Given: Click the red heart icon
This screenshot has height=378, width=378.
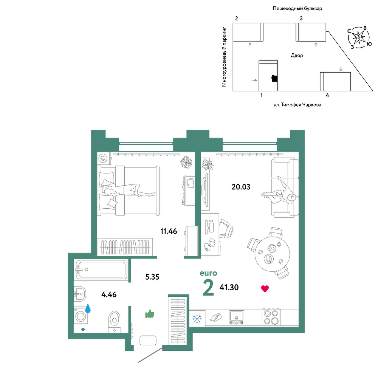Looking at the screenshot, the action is click(265, 288).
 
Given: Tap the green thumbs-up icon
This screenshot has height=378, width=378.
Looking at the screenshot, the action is click(150, 314).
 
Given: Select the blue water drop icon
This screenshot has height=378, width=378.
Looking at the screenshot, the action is click(88, 308).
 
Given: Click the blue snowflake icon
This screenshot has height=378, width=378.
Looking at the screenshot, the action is click(197, 319).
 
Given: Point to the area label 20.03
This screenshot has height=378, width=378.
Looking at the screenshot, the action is click(241, 187).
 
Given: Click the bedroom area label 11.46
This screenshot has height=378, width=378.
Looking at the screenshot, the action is click(169, 231).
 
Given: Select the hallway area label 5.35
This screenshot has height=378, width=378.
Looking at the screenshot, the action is click(152, 277).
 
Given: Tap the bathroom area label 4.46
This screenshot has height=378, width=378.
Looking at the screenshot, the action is click(109, 294).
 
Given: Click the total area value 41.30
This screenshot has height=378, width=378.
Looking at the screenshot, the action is click(229, 287).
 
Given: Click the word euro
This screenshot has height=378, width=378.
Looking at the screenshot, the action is click(208, 273).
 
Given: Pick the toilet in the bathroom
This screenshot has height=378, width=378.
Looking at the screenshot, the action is click(114, 322).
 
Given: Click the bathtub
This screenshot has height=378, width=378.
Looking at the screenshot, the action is click(101, 270).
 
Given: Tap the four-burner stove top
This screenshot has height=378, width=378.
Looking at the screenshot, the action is click(271, 317).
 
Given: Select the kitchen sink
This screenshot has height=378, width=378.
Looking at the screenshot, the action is click(236, 318).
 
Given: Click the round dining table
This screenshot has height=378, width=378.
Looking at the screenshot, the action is click(272, 254).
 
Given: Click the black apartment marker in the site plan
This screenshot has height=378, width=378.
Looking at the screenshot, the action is click(274, 78).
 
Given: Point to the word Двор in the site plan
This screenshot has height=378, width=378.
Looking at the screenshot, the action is click(297, 56).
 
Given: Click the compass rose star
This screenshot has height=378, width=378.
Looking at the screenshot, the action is click(359, 37).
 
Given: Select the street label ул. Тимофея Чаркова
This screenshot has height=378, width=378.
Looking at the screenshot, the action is click(297, 105).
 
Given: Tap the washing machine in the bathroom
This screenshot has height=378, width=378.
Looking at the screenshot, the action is click(81, 316).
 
